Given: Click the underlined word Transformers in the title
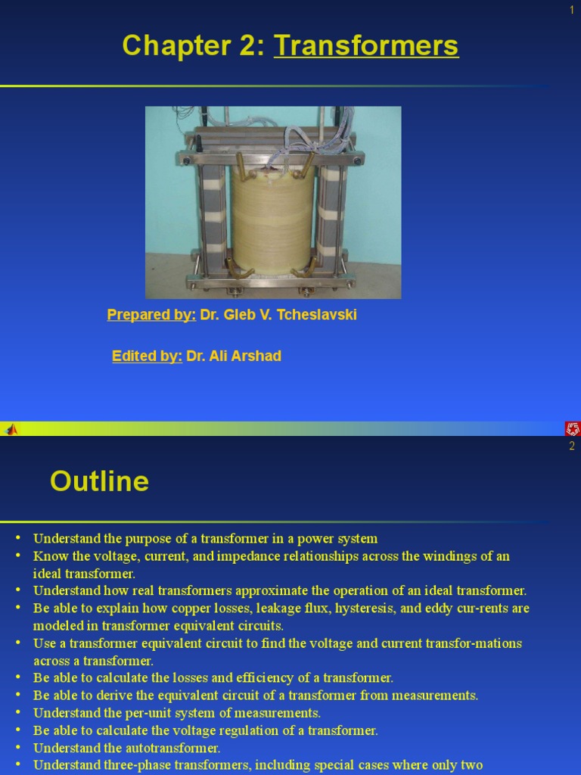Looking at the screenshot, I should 366,46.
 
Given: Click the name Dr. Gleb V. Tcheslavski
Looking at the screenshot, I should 278,315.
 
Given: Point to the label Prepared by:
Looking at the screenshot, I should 151,315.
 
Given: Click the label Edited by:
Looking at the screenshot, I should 147,356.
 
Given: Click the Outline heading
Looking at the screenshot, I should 99,481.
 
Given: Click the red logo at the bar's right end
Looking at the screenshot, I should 573,429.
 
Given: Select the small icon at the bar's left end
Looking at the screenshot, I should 11,429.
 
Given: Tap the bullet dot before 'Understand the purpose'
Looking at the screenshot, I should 18,538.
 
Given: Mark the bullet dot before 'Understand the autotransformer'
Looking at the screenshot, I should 18,748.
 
